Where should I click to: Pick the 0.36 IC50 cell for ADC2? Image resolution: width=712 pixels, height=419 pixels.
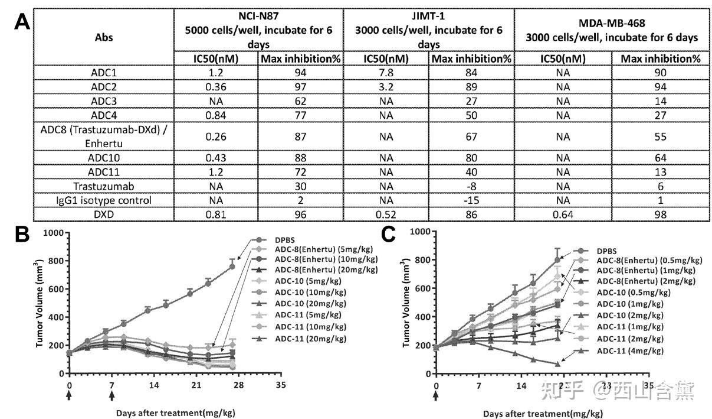pyautogui.click(x=216, y=87)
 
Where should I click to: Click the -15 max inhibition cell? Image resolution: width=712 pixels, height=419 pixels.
pyautogui.click(x=471, y=200)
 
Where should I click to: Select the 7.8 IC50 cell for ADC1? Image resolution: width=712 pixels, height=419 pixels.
pyautogui.click(x=386, y=73)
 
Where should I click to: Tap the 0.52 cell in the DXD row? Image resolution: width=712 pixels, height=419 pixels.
pyautogui.click(x=386, y=215)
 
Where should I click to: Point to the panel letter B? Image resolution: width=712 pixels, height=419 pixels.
pyautogui.click(x=22, y=235)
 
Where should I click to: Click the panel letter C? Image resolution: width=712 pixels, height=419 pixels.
pyautogui.click(x=389, y=235)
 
